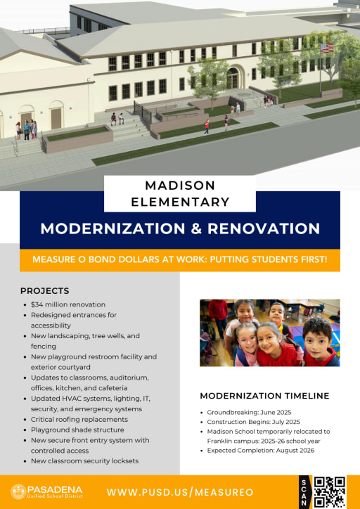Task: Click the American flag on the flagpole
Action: (x=327, y=48)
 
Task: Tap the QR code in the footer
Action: (x=330, y=492)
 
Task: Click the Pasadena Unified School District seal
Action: (x=18, y=492)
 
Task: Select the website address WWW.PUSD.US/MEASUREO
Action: (x=180, y=492)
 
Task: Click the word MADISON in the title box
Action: (x=180, y=186)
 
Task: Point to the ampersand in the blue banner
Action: (x=196, y=228)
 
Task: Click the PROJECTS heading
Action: (x=45, y=291)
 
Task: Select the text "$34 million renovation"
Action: (x=68, y=304)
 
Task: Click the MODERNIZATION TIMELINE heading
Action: (x=264, y=396)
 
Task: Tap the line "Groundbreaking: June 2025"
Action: (x=249, y=412)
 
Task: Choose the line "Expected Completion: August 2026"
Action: (x=261, y=450)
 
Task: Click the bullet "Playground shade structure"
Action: (x=77, y=430)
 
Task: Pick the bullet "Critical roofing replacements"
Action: (x=79, y=420)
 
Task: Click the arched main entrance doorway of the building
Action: (x=233, y=78)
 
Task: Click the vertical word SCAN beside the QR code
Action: (x=304, y=492)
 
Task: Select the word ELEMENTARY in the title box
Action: (x=180, y=202)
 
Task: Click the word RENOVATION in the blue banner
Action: (x=264, y=228)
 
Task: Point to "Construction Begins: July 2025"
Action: (x=254, y=422)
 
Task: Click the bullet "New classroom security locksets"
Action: (x=84, y=461)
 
